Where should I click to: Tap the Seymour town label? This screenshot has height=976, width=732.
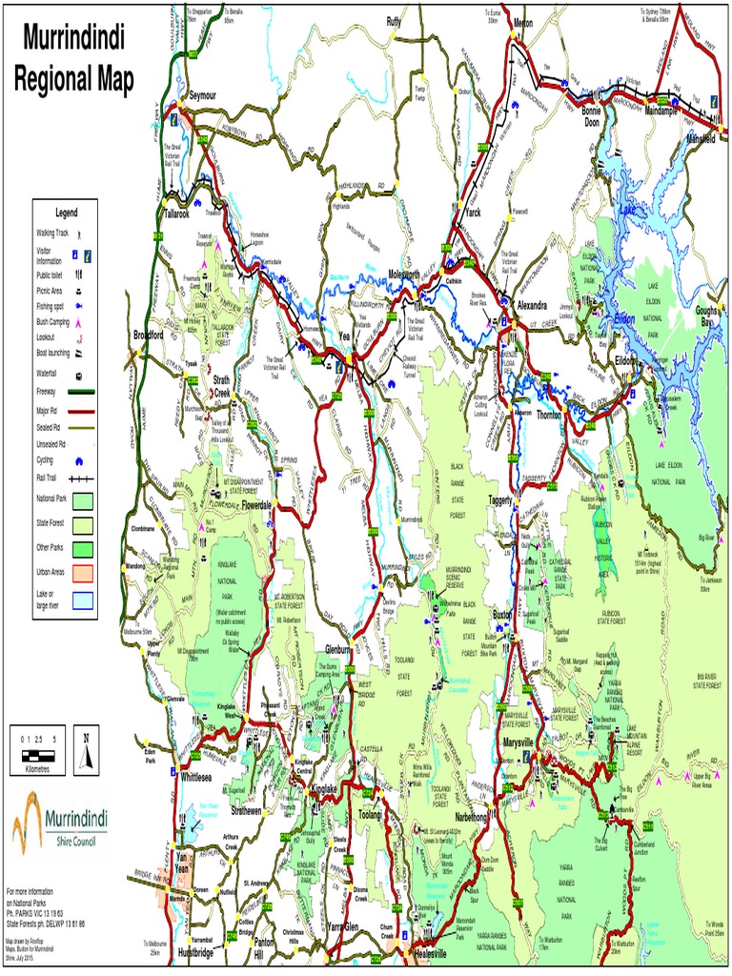point(204,96)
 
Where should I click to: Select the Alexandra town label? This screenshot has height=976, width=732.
point(531,306)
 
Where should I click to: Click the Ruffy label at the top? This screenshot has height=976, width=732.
point(395,20)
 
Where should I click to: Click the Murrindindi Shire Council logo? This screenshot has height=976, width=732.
point(60,823)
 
